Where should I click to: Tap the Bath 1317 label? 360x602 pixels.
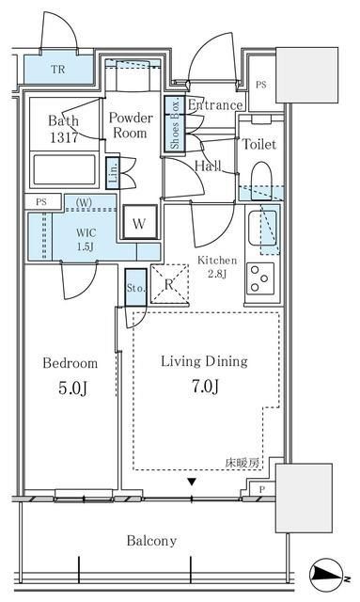(64, 129)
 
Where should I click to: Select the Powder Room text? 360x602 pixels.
(131, 126)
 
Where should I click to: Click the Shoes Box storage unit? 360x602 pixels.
(174, 124)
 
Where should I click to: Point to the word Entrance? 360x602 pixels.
(215, 104)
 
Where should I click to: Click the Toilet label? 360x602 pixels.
(258, 144)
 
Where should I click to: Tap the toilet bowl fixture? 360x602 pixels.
(261, 180)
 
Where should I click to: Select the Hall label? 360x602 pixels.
(208, 166)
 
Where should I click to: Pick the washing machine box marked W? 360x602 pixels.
(138, 224)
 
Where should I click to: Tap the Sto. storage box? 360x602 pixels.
(133, 288)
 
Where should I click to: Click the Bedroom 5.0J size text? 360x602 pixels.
(70, 385)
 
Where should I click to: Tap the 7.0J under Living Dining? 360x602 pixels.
(203, 385)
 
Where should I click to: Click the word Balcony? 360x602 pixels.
(151, 541)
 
